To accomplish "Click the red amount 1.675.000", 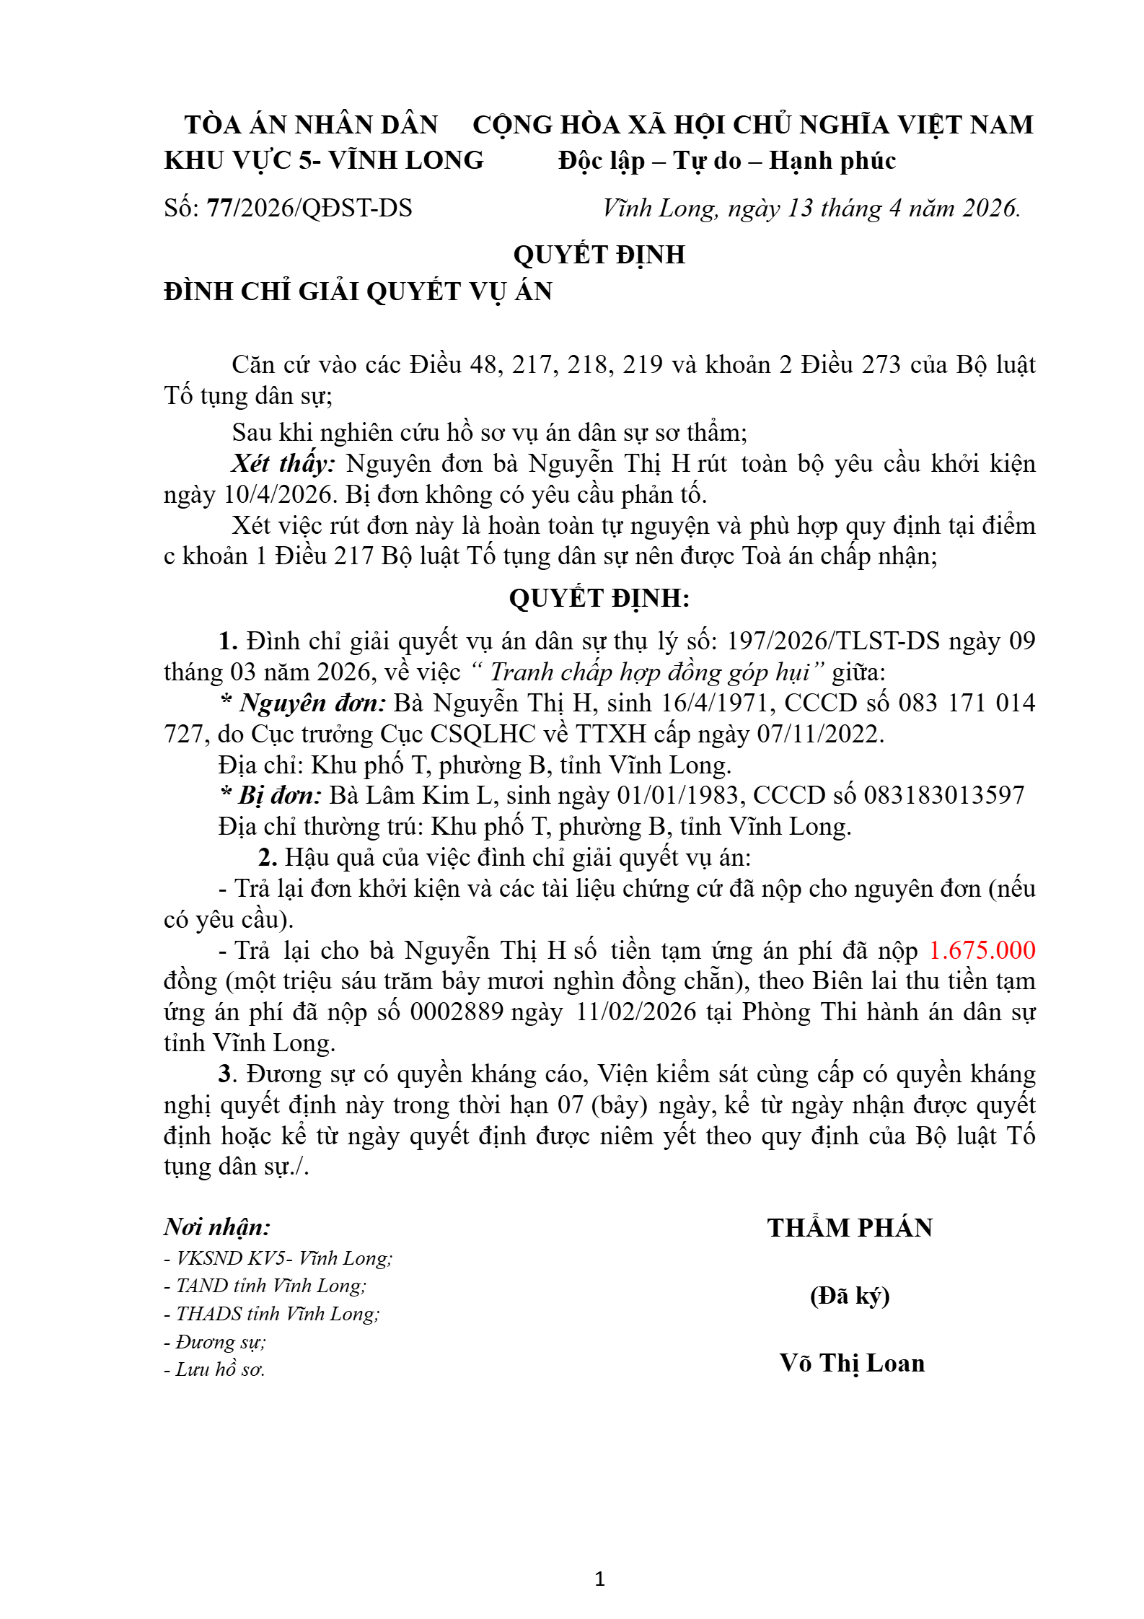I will [x=982, y=950].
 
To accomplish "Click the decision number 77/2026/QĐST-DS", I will [x=309, y=209].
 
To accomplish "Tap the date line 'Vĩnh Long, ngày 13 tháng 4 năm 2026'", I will [x=811, y=209].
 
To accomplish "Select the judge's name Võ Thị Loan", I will [x=852, y=1363].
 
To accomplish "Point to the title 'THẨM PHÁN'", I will [x=850, y=1228].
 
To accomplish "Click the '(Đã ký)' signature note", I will [x=850, y=1296].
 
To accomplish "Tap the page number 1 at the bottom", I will [x=599, y=1579].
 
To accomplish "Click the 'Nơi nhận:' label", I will [x=217, y=1227].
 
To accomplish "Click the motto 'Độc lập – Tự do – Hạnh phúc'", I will [x=727, y=160].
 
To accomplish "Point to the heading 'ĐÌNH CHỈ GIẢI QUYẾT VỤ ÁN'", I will [x=358, y=291].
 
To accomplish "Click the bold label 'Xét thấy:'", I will [x=283, y=463].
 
